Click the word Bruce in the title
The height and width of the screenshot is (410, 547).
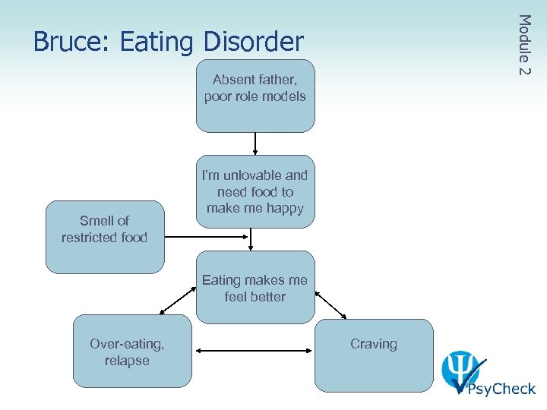pos(67,42)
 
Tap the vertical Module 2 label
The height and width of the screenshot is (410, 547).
pos(523,45)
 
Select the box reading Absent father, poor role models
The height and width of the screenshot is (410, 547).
pos(255,96)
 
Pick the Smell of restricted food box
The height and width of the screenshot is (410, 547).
pos(105,236)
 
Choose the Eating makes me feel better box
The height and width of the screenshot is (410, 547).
pos(255,288)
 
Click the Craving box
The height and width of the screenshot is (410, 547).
pos(374,355)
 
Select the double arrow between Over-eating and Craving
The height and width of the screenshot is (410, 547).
pos(255,351)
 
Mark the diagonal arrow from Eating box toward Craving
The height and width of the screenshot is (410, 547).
pos(330,305)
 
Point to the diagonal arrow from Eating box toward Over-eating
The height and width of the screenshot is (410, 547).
pos(177,302)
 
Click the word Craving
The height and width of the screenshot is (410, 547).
pos(374,344)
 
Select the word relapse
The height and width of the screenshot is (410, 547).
pos(127,361)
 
